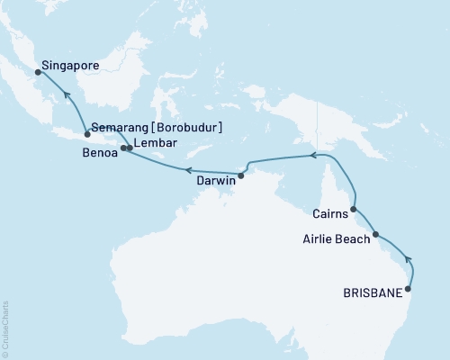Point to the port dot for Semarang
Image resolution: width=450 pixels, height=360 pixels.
tap(87, 134)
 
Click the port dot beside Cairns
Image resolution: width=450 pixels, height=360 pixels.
tap(354, 209)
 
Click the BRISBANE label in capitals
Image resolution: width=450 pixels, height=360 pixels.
tap(372, 292)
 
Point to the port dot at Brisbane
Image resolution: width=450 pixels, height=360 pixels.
tap(409, 289)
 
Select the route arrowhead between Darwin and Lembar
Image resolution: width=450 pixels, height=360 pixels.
tap(186, 168)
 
